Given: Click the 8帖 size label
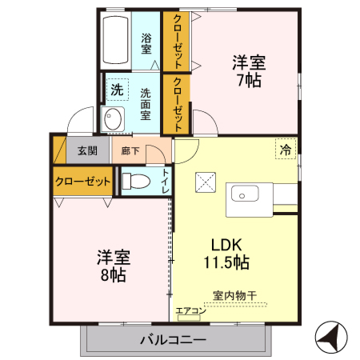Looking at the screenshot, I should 113,274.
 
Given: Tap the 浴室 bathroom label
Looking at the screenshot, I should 146,43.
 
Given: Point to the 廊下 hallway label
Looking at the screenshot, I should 130,150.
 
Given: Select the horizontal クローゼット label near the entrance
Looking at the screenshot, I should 83,182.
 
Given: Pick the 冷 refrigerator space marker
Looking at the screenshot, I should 285,149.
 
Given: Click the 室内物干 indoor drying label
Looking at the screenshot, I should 234,296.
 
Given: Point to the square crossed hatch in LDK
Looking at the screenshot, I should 206,184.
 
